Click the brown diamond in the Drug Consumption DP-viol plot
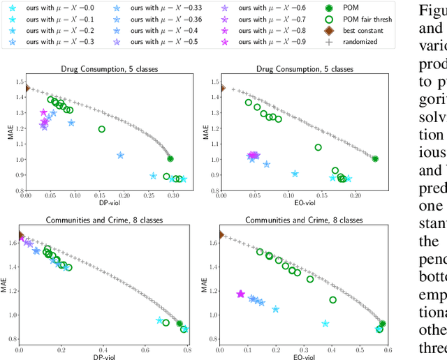click(26, 88)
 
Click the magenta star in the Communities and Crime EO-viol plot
click(241, 294)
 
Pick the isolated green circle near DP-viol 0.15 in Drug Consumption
click(102, 129)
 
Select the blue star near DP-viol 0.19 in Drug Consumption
click(120, 156)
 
